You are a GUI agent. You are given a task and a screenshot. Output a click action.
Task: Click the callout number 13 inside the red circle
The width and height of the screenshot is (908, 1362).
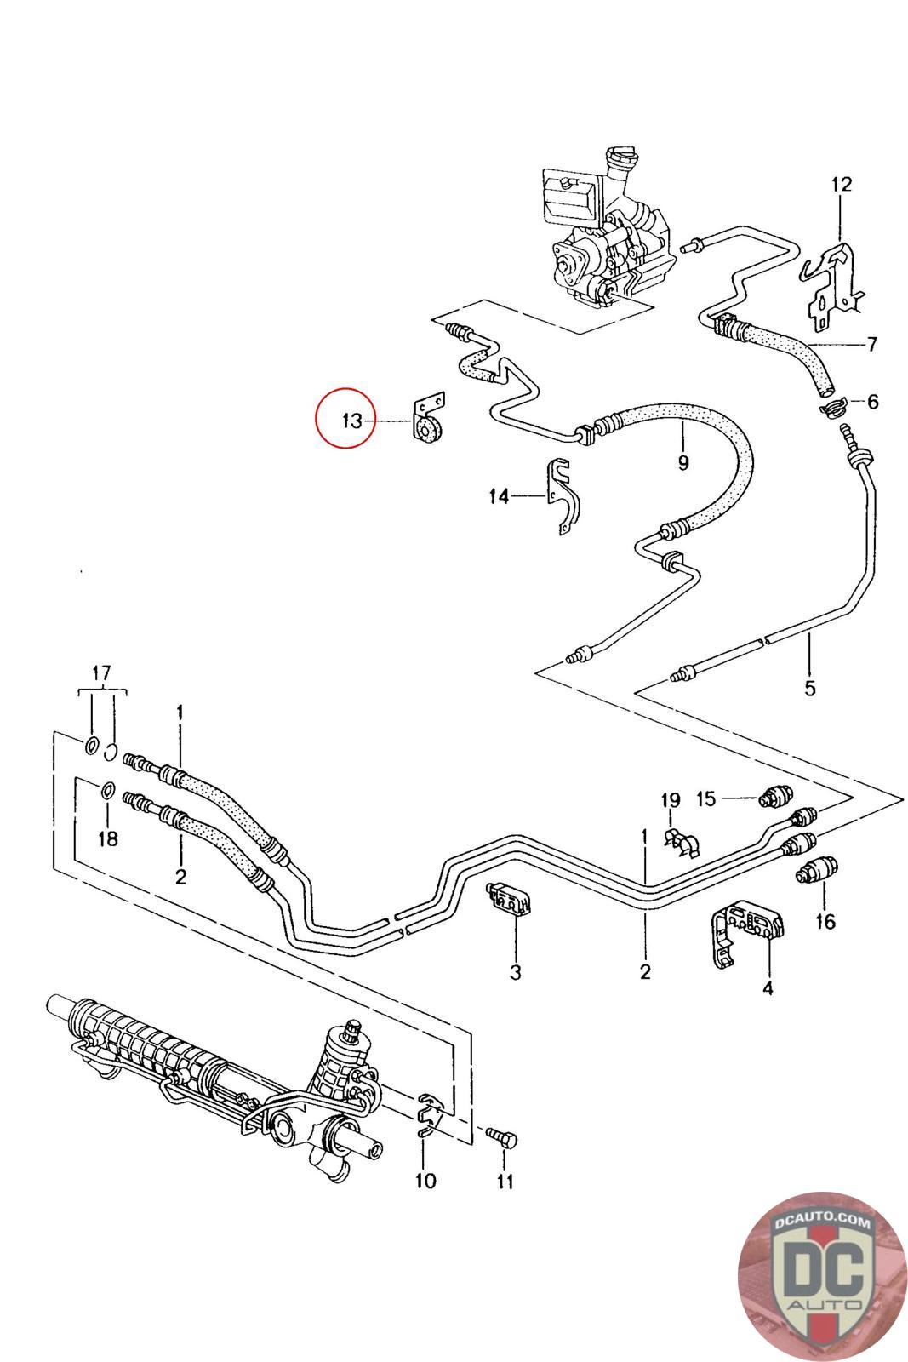tap(352, 420)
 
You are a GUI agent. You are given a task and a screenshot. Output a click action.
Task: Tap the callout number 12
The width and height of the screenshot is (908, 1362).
tap(841, 184)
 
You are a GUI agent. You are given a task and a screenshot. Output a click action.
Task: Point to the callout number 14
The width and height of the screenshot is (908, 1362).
tap(499, 496)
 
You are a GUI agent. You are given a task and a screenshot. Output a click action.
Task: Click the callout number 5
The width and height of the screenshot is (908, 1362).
tap(809, 687)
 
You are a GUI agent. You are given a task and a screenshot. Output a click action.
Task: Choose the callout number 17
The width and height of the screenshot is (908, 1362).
tap(101, 674)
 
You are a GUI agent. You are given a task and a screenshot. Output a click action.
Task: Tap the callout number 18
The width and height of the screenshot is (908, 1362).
tap(108, 839)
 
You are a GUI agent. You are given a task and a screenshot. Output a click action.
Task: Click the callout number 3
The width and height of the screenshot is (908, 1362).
tap(515, 971)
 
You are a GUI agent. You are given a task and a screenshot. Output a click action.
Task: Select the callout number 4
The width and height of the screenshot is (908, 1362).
tap(768, 988)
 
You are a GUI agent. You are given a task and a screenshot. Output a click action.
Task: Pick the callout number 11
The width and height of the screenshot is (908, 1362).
tap(505, 1182)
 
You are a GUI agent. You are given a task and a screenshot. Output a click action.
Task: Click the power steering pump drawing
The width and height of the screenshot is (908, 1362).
tap(606, 247)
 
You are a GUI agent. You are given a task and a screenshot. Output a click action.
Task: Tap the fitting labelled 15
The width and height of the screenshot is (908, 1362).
tap(775, 796)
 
